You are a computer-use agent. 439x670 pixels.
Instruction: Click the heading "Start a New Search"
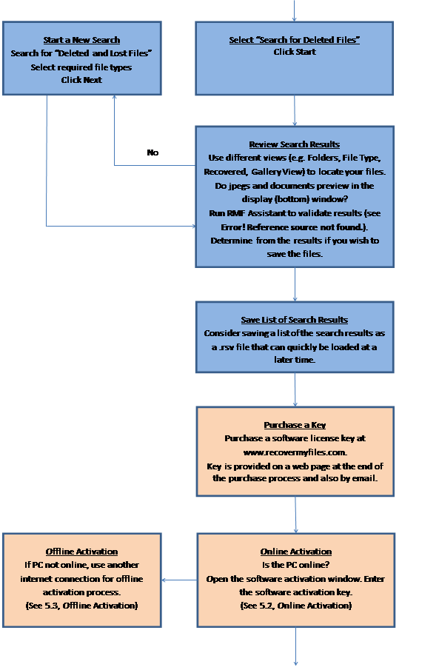81,40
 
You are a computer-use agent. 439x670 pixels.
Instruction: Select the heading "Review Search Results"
295,144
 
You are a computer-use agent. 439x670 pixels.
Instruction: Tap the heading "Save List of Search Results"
295,320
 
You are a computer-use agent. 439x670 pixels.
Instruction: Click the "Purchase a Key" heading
295,425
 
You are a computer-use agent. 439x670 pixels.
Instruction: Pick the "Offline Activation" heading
81,552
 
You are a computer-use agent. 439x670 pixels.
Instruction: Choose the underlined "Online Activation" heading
296,552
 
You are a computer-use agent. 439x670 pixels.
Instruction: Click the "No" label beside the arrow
153,153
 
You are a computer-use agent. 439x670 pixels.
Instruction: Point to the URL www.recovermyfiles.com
295,452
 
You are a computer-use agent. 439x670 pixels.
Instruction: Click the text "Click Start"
295,52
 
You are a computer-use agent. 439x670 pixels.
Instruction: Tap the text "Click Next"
81,80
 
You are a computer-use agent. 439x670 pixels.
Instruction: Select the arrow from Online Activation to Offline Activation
180,580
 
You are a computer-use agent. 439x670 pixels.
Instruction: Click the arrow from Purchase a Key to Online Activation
295,515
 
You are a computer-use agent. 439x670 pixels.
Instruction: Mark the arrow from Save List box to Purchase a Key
295,389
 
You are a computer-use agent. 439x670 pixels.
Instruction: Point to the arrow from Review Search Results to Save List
295,284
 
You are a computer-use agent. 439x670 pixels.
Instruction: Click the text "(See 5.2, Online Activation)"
296,606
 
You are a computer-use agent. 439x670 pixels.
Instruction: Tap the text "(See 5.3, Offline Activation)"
81,606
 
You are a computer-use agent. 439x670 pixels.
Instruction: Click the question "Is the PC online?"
296,565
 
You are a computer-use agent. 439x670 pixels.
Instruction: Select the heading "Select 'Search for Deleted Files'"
295,40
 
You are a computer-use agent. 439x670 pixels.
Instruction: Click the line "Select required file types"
81,67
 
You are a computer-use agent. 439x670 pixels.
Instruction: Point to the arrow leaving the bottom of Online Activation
295,646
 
